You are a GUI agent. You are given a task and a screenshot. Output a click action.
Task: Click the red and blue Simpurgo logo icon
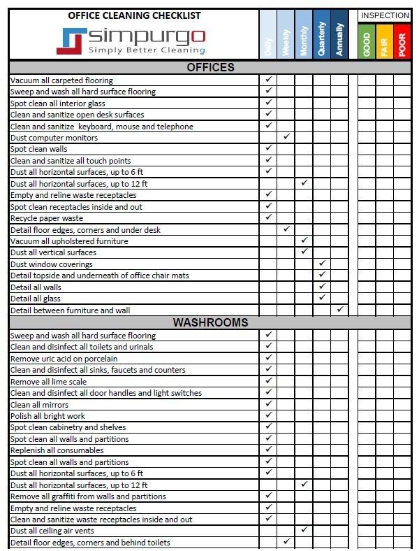tap(70, 41)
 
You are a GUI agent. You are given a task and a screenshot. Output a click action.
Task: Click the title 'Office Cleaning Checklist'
tap(134, 15)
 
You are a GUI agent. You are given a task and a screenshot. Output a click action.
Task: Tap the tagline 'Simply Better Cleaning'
tap(147, 50)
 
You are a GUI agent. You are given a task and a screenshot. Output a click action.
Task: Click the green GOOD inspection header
tap(367, 43)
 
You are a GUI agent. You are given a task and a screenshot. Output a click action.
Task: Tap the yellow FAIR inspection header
tap(384, 43)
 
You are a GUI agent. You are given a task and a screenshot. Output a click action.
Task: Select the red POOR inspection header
tap(402, 43)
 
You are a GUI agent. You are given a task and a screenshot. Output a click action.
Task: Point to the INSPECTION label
tap(384, 15)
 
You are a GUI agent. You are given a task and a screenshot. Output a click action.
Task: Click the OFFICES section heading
tap(210, 68)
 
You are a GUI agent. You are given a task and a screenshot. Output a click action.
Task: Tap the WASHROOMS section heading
tap(210, 323)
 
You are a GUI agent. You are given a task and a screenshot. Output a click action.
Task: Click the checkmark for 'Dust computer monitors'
tap(286, 137)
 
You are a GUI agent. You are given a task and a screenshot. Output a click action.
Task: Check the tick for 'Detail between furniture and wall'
tap(340, 309)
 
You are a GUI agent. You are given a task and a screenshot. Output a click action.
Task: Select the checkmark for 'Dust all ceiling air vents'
tap(304, 530)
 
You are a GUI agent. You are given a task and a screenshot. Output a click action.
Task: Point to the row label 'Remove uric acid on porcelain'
tap(64, 359)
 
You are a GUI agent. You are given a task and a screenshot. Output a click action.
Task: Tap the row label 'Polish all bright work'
tap(47, 416)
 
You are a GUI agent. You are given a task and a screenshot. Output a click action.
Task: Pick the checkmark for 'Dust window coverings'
tap(322, 264)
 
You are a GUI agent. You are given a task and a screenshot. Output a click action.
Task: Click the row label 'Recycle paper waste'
tap(47, 218)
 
